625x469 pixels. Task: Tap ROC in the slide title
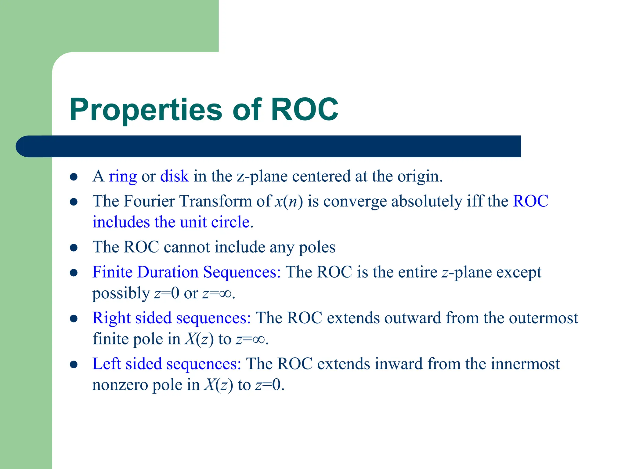(x=304, y=109)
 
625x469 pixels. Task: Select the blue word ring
(x=123, y=176)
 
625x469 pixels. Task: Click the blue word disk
(x=175, y=176)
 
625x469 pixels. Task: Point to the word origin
(x=419, y=176)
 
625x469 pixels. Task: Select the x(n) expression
(x=288, y=202)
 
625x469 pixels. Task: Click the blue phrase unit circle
(x=215, y=222)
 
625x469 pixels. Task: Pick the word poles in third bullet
(x=317, y=247)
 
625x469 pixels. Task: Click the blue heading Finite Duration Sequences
(x=186, y=272)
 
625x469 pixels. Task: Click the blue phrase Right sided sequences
(x=172, y=318)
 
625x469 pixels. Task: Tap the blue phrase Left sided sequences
(x=167, y=364)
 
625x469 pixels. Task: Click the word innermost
(x=525, y=364)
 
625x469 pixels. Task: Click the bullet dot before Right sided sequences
(x=74, y=319)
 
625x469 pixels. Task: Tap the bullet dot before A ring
(x=74, y=177)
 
